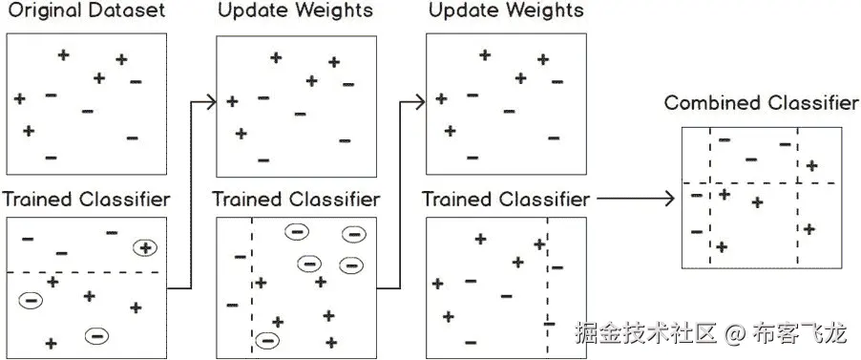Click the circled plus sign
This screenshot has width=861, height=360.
tap(145, 248)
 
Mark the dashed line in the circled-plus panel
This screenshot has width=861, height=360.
tap(86, 273)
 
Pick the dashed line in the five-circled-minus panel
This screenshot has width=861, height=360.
tap(252, 286)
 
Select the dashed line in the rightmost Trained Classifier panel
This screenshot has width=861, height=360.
tap(547, 286)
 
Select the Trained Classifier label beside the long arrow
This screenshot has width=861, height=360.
tap(505, 200)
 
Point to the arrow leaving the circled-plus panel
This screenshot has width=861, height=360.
tap(191, 191)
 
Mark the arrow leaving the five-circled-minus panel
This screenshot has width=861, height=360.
tap(402, 191)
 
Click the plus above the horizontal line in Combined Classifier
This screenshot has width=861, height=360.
tap(811, 166)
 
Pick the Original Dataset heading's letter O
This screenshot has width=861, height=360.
tap(13, 11)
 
